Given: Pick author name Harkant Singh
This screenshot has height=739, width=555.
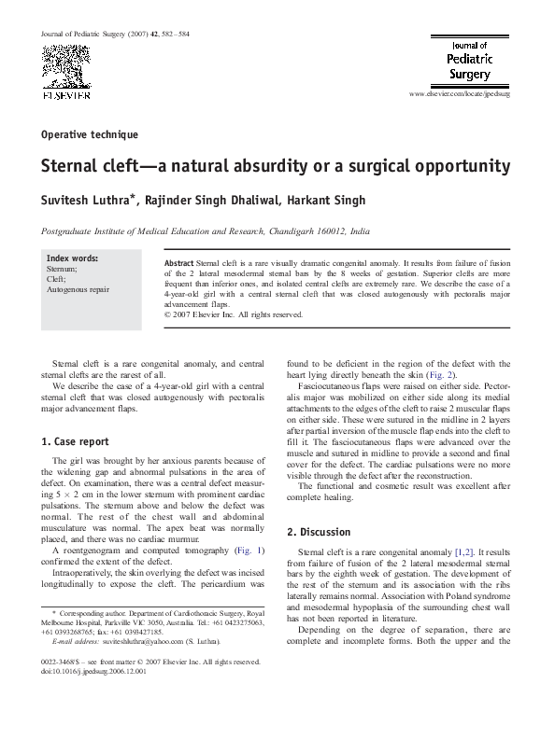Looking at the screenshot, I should (x=315, y=201).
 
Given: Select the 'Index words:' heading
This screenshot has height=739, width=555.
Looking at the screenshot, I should (x=72, y=258).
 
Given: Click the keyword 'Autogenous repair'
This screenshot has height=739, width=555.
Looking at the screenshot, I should (x=78, y=289).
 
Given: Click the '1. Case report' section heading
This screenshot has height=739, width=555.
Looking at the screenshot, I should (x=76, y=441).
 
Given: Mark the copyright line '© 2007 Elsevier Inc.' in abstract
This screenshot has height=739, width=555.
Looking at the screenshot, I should (x=234, y=314).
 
